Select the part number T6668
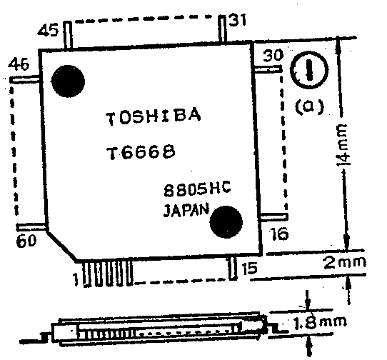[x=141, y=151]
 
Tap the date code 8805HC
[x=197, y=189]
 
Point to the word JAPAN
[x=186, y=211]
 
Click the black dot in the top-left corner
[x=68, y=81]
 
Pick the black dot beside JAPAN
[x=226, y=221]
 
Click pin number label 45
[x=49, y=31]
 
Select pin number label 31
[x=238, y=20]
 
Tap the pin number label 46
[x=19, y=64]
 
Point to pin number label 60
[x=26, y=240]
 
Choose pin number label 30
[x=273, y=55]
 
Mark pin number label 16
[x=279, y=234]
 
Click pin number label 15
[x=249, y=268]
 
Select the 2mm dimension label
[x=345, y=263]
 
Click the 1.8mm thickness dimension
[x=320, y=322]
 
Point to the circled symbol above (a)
[x=309, y=70]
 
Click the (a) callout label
[x=309, y=106]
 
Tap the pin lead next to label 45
[x=68, y=35]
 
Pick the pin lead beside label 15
[x=232, y=269]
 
